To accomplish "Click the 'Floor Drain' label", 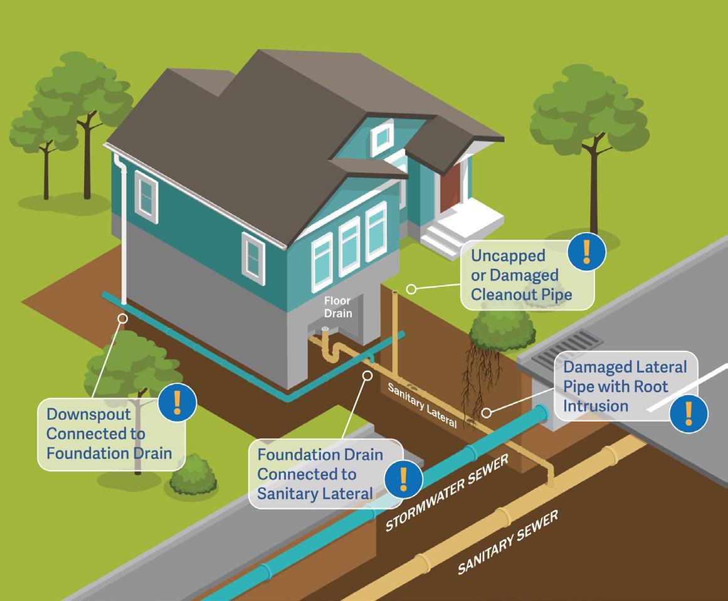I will [338, 307].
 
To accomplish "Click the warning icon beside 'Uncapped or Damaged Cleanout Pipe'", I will [586, 252].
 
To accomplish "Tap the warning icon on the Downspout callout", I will [177, 402].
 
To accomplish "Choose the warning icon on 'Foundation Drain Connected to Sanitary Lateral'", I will [403, 480].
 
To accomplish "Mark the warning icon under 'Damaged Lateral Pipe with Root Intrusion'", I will [688, 413].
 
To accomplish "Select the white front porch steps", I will [442, 239].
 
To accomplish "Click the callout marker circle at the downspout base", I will [123, 318].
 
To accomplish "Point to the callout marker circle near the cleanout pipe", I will [411, 289].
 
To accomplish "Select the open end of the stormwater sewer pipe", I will [540, 415].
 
